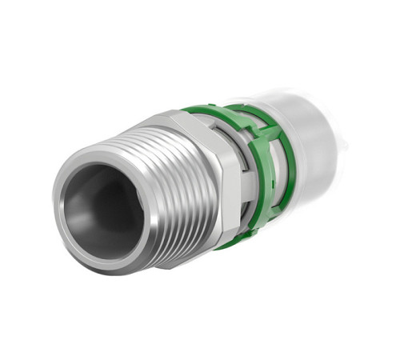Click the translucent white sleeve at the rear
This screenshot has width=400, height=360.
pos(316,144)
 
